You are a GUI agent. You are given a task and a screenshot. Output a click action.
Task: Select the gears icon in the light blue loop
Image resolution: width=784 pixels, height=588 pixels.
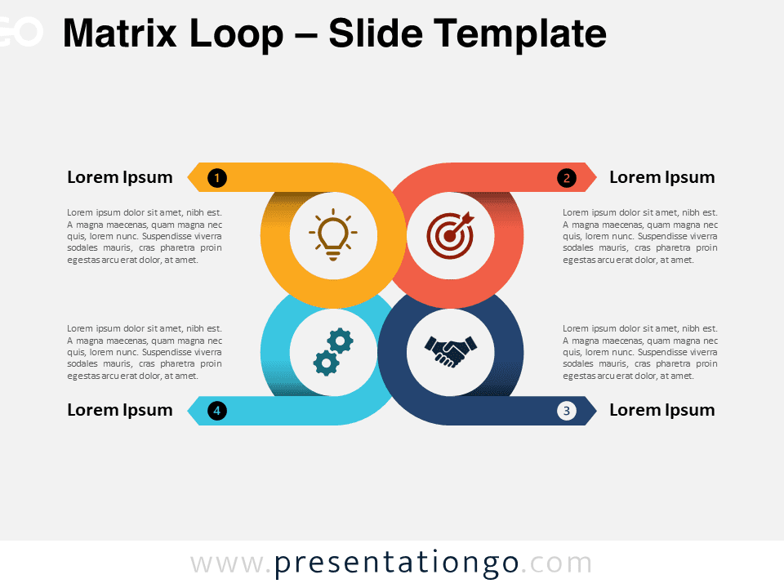[333, 352]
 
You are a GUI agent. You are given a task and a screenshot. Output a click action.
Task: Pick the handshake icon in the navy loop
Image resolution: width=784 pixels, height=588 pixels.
[451, 351]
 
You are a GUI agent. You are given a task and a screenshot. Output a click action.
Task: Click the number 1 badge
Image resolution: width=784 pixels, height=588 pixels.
[217, 177]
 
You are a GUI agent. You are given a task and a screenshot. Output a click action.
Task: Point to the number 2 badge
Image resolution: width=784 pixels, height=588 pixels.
[567, 177]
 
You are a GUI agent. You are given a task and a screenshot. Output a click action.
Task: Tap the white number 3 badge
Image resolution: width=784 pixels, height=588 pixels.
[567, 411]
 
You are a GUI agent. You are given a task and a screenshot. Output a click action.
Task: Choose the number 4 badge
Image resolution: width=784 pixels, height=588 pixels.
[217, 411]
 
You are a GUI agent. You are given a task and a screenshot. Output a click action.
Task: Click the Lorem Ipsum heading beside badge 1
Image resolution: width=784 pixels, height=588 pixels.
[120, 178]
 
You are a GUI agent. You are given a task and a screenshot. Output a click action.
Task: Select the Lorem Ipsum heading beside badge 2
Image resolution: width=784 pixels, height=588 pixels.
[662, 178]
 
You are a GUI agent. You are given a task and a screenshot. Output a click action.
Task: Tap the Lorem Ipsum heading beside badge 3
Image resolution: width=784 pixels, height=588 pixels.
[662, 411]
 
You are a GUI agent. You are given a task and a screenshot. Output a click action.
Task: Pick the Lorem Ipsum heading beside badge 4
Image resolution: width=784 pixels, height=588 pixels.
[120, 411]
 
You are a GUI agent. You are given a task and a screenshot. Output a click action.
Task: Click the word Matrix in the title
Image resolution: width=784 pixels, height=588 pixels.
[120, 33]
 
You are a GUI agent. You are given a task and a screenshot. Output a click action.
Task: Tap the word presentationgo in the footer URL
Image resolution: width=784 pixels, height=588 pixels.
[397, 563]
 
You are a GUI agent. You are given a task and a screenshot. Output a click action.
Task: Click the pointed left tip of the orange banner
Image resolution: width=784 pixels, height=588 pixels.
[188, 177]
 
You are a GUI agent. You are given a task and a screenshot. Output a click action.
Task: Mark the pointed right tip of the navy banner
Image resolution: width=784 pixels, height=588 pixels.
[596, 411]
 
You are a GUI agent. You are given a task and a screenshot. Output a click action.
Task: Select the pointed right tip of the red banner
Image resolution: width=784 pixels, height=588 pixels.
[596, 177]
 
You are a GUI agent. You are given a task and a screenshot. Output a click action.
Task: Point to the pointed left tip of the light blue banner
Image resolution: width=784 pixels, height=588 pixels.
[188, 411]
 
